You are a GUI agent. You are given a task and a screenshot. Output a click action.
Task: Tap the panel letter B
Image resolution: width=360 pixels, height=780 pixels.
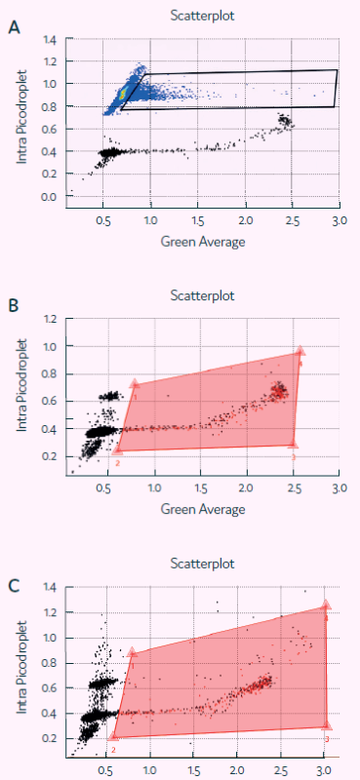click(14, 305)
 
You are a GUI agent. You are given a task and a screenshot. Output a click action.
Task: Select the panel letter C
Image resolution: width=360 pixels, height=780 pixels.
click(14, 586)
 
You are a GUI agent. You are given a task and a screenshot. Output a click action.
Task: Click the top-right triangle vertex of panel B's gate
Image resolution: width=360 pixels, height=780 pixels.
click(300, 351)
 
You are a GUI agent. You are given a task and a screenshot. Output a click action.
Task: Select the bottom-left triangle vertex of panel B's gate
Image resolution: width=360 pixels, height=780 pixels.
click(117, 449)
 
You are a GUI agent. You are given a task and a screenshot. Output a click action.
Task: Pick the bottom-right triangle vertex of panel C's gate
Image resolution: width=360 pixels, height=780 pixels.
click(327, 725)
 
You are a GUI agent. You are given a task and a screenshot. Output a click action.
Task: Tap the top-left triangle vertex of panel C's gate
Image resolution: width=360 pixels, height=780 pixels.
click(132, 652)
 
